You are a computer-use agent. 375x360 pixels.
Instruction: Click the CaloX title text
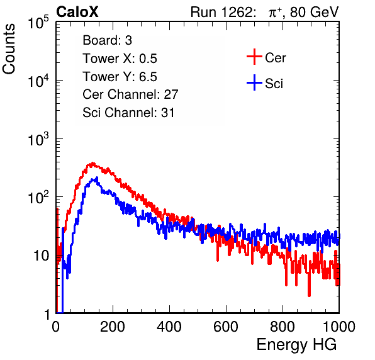(77, 12)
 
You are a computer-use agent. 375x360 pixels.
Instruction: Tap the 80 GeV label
(314, 12)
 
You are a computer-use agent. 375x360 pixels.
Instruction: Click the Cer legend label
(275, 58)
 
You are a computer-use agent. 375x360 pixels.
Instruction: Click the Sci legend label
(274, 84)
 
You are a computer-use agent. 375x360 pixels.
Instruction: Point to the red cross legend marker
(254, 57)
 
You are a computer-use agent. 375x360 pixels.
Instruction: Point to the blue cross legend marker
(254, 82)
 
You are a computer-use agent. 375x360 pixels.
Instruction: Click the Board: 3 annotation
(107, 40)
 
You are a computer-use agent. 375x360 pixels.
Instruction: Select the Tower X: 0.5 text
(120, 59)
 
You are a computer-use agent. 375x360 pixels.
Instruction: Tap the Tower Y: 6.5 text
(120, 77)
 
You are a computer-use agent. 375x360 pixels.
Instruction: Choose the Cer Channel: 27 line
(130, 94)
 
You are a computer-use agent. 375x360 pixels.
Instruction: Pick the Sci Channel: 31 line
(128, 113)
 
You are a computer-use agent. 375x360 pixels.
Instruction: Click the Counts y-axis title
(9, 49)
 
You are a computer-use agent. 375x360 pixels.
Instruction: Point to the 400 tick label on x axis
(169, 327)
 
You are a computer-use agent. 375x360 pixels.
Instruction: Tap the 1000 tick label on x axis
(339, 327)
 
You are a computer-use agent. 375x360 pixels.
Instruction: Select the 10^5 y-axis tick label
(38, 23)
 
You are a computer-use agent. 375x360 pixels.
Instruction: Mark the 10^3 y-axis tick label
(38, 139)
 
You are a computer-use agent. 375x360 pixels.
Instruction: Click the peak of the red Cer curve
(92, 164)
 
